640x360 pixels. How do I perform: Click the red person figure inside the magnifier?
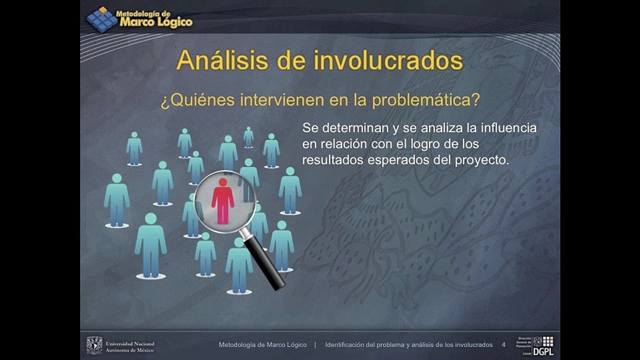[222, 201]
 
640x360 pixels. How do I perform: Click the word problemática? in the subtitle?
[426, 100]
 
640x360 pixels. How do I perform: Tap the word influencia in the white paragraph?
[508, 127]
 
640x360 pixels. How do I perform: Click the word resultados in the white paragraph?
[333, 160]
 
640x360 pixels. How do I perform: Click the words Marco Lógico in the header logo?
[156, 22]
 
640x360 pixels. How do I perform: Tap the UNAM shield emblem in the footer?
[94, 345]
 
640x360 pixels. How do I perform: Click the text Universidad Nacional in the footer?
[130, 343]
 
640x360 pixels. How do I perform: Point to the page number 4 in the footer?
[503, 345]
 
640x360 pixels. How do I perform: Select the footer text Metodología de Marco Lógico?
[262, 345]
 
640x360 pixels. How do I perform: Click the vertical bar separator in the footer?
[315, 345]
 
